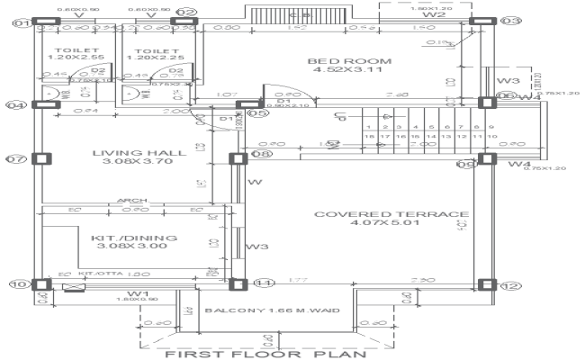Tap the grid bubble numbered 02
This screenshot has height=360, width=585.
click(x=187, y=13)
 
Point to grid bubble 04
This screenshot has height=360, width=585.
click(x=15, y=105)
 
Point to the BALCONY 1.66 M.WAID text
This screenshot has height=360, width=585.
click(x=272, y=311)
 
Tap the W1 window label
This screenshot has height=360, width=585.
click(x=137, y=293)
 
